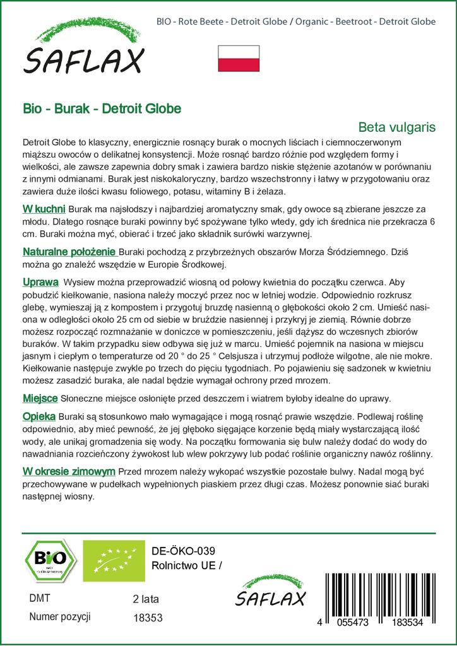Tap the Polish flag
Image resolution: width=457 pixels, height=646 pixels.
(239, 58)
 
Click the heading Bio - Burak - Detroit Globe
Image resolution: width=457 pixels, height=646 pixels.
(102, 109)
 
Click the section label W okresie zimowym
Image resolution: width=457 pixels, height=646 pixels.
(69, 471)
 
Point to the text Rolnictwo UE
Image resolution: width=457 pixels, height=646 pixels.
(187, 565)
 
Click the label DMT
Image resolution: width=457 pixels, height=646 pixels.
(40, 598)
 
